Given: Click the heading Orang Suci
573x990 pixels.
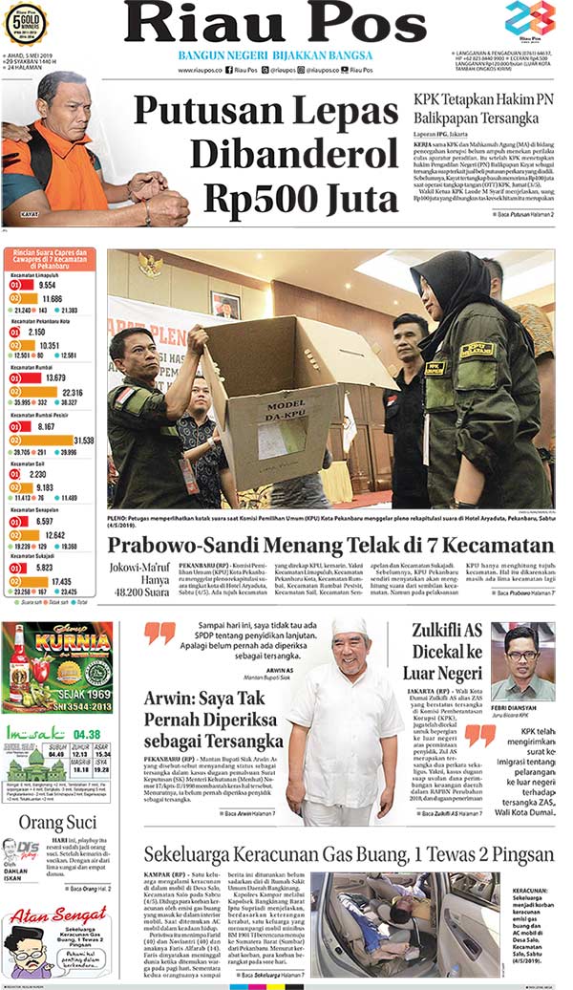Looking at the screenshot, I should [x=56, y=823].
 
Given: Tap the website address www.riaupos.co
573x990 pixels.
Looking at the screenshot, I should [x=198, y=70].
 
